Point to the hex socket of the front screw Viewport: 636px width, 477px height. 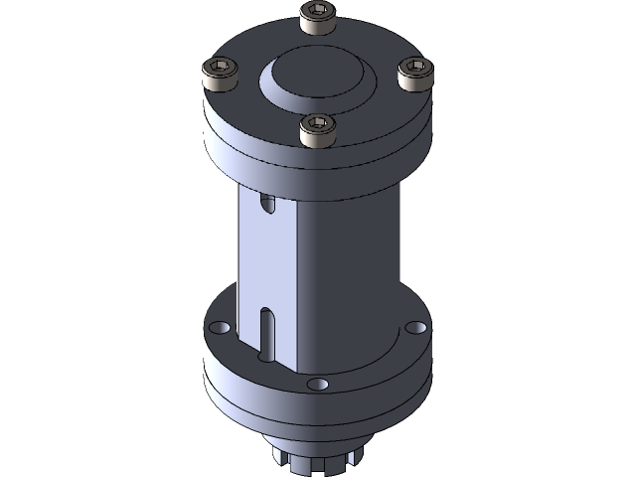click(317, 124)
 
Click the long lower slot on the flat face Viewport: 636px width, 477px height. click(265, 333)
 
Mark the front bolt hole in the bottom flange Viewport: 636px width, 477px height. click(317, 384)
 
